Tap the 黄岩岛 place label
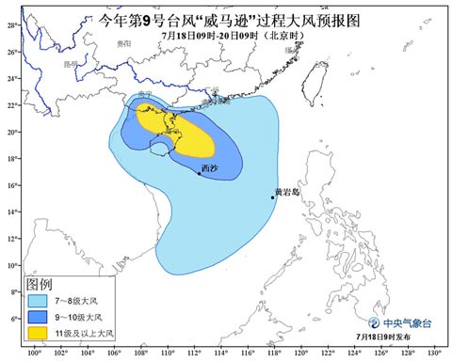click(x=286, y=191)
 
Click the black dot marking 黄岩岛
click(x=273, y=196)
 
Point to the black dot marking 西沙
click(x=199, y=173)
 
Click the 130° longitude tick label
click(x=434, y=353)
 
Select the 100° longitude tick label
click(x=35, y=353)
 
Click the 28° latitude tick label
click(x=12, y=25)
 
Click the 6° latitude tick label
click(x=12, y=319)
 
